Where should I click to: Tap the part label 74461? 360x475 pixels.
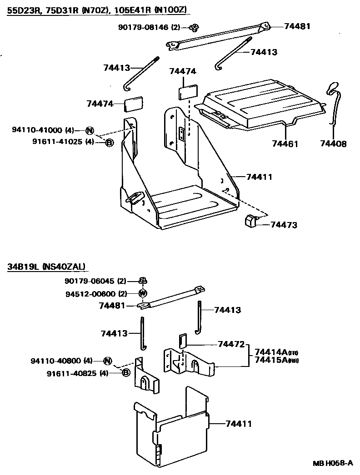click(x=285, y=144)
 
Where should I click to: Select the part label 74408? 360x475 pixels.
click(x=333, y=144)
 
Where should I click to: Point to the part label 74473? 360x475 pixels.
click(x=284, y=225)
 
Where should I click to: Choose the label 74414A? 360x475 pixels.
click(x=272, y=352)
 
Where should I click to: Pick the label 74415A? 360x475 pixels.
click(x=272, y=361)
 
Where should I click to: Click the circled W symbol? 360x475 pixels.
click(x=142, y=293)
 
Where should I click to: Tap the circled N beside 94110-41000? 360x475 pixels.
click(x=90, y=131)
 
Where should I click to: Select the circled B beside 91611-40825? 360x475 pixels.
click(x=126, y=373)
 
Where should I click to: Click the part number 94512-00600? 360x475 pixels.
click(x=90, y=293)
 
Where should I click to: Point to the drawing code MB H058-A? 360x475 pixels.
click(x=332, y=463)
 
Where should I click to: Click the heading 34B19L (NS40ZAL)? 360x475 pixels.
click(x=46, y=267)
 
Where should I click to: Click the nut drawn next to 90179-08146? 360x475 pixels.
click(x=194, y=28)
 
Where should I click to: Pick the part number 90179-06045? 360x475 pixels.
click(x=90, y=281)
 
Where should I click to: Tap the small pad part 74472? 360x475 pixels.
click(x=182, y=340)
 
